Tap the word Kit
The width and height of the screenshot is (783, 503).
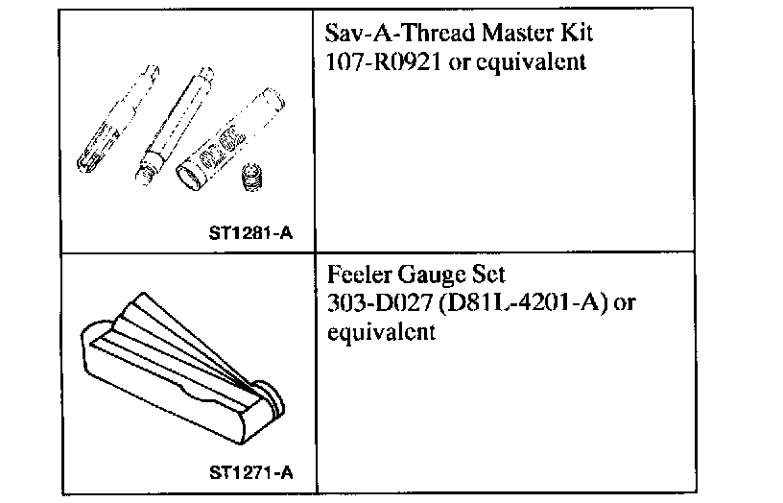click(x=574, y=35)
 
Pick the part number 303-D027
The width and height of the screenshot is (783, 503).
click(x=369, y=304)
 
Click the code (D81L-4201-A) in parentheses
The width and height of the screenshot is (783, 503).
click(x=510, y=305)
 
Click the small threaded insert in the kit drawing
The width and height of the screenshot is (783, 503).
click(x=253, y=179)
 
